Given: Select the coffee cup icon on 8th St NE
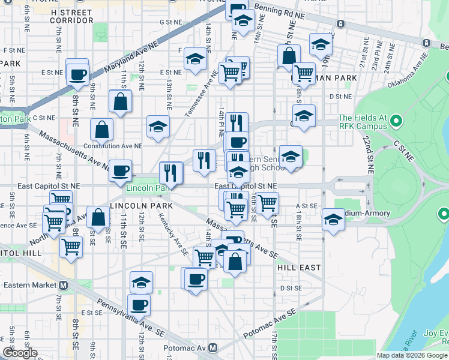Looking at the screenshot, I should pyautogui.click(x=77, y=74).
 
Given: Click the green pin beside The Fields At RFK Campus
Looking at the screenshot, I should pyautogui.click(x=396, y=122).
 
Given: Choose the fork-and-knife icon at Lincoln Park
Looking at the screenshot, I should pyautogui.click(x=171, y=173).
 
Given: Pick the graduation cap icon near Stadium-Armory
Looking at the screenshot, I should pyautogui.click(x=333, y=218).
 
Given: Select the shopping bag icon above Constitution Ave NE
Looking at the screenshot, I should pyautogui.click(x=103, y=129).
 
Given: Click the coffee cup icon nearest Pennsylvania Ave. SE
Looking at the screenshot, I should pyautogui.click(x=139, y=305).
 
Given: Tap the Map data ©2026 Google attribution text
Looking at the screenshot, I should pyautogui.click(x=411, y=355).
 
